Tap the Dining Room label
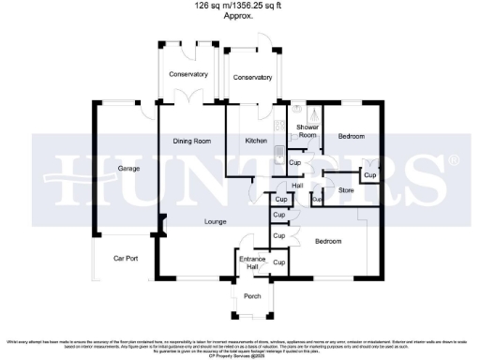[x=190, y=141]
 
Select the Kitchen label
[x=256, y=141]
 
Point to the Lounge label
[x=217, y=222]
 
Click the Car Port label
[x=126, y=258]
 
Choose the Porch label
[x=252, y=296]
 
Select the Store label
[x=344, y=191]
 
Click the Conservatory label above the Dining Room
[x=187, y=74]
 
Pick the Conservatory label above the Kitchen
[x=253, y=78]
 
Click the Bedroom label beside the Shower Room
[x=351, y=137]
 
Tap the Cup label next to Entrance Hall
[x=278, y=263]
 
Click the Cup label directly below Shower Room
[x=294, y=163]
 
